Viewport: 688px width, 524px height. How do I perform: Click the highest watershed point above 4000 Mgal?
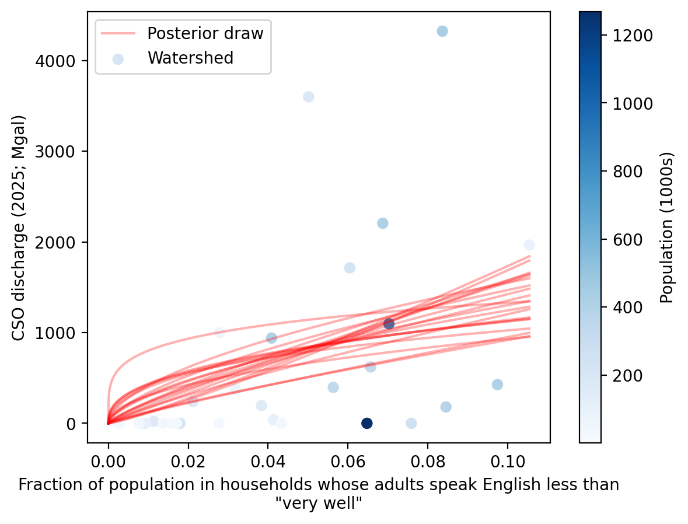point(442,31)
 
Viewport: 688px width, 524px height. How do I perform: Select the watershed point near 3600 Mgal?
point(309,96)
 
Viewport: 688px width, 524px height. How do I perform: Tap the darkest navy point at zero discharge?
point(366,423)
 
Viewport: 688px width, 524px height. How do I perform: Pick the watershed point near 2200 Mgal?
point(383,223)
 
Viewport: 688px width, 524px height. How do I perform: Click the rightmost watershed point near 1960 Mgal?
point(529,245)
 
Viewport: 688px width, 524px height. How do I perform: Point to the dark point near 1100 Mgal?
point(389,324)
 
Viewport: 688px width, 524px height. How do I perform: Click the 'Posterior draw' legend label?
point(205,33)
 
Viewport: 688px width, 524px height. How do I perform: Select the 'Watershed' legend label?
point(190,58)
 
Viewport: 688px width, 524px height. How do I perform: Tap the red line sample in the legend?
point(118,33)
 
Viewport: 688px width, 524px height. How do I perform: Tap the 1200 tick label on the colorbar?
point(632,36)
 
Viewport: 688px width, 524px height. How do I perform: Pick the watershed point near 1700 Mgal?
point(350,268)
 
